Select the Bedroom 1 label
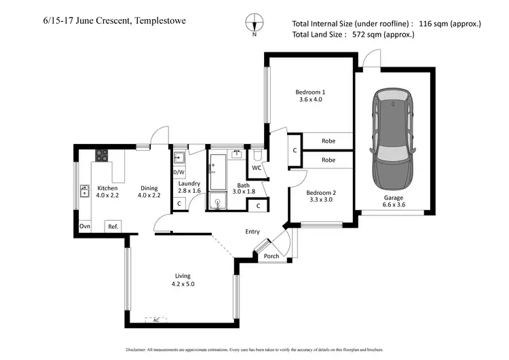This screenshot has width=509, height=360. point(310,92)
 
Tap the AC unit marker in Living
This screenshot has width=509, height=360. point(156,320)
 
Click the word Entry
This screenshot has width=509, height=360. point(252,232)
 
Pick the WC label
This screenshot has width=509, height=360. point(257,167)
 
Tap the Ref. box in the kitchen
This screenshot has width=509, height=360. point(113,226)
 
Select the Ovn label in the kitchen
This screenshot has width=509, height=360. point(85,226)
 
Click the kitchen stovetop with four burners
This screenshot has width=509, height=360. point(101,156)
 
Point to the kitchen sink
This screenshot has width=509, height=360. point(86,191)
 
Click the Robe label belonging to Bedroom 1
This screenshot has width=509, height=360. point(328,142)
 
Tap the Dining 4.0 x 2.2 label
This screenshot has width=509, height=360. point(149,192)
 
